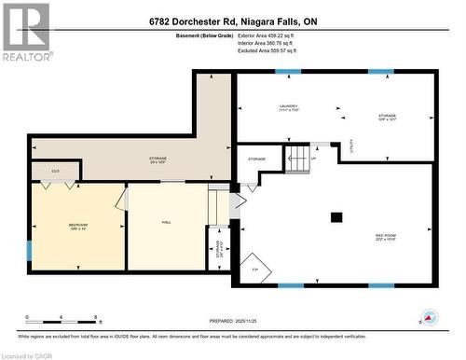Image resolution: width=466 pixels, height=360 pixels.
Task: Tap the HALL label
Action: (x=166, y=222)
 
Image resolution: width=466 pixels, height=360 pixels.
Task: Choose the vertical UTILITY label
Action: (x=351, y=145)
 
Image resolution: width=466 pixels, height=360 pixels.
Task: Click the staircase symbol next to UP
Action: (x=298, y=159)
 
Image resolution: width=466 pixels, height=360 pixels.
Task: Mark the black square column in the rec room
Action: (x=336, y=217)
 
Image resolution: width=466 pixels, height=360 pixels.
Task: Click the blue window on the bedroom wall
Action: (x=29, y=251)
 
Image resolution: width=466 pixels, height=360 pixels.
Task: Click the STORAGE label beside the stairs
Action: (x=256, y=159)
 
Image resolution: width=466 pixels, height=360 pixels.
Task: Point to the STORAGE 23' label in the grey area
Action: (x=158, y=159)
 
